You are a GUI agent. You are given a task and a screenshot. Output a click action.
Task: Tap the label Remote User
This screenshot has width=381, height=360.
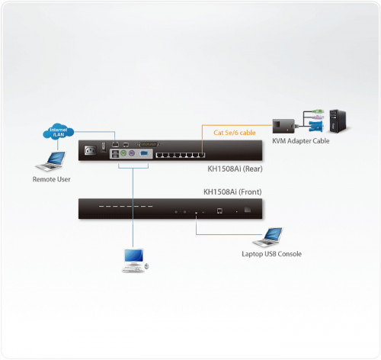pyautogui.click(x=53, y=180)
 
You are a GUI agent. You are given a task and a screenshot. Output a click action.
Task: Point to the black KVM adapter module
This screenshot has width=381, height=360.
pyautogui.click(x=283, y=124)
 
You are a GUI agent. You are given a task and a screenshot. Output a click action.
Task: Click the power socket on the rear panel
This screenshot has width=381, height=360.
pyautogui.click(x=90, y=150)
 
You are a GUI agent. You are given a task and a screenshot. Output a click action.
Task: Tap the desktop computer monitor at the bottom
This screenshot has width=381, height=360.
pyautogui.click(x=134, y=257)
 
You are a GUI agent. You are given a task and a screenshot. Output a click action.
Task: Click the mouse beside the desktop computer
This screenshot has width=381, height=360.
pyautogui.click(x=147, y=266)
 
